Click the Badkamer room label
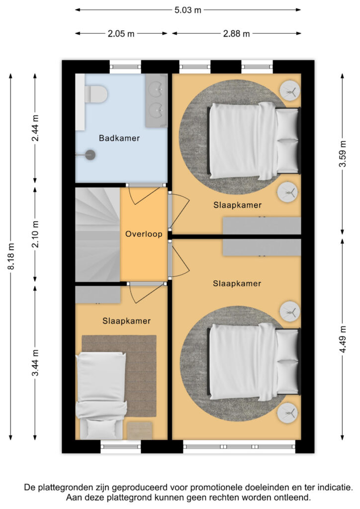119,138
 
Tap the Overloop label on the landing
144,234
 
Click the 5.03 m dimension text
187,9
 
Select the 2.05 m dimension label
121,33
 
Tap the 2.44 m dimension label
35,128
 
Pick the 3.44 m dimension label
35,363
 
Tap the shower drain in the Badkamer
90,155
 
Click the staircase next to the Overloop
97,234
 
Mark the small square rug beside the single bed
139,430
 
